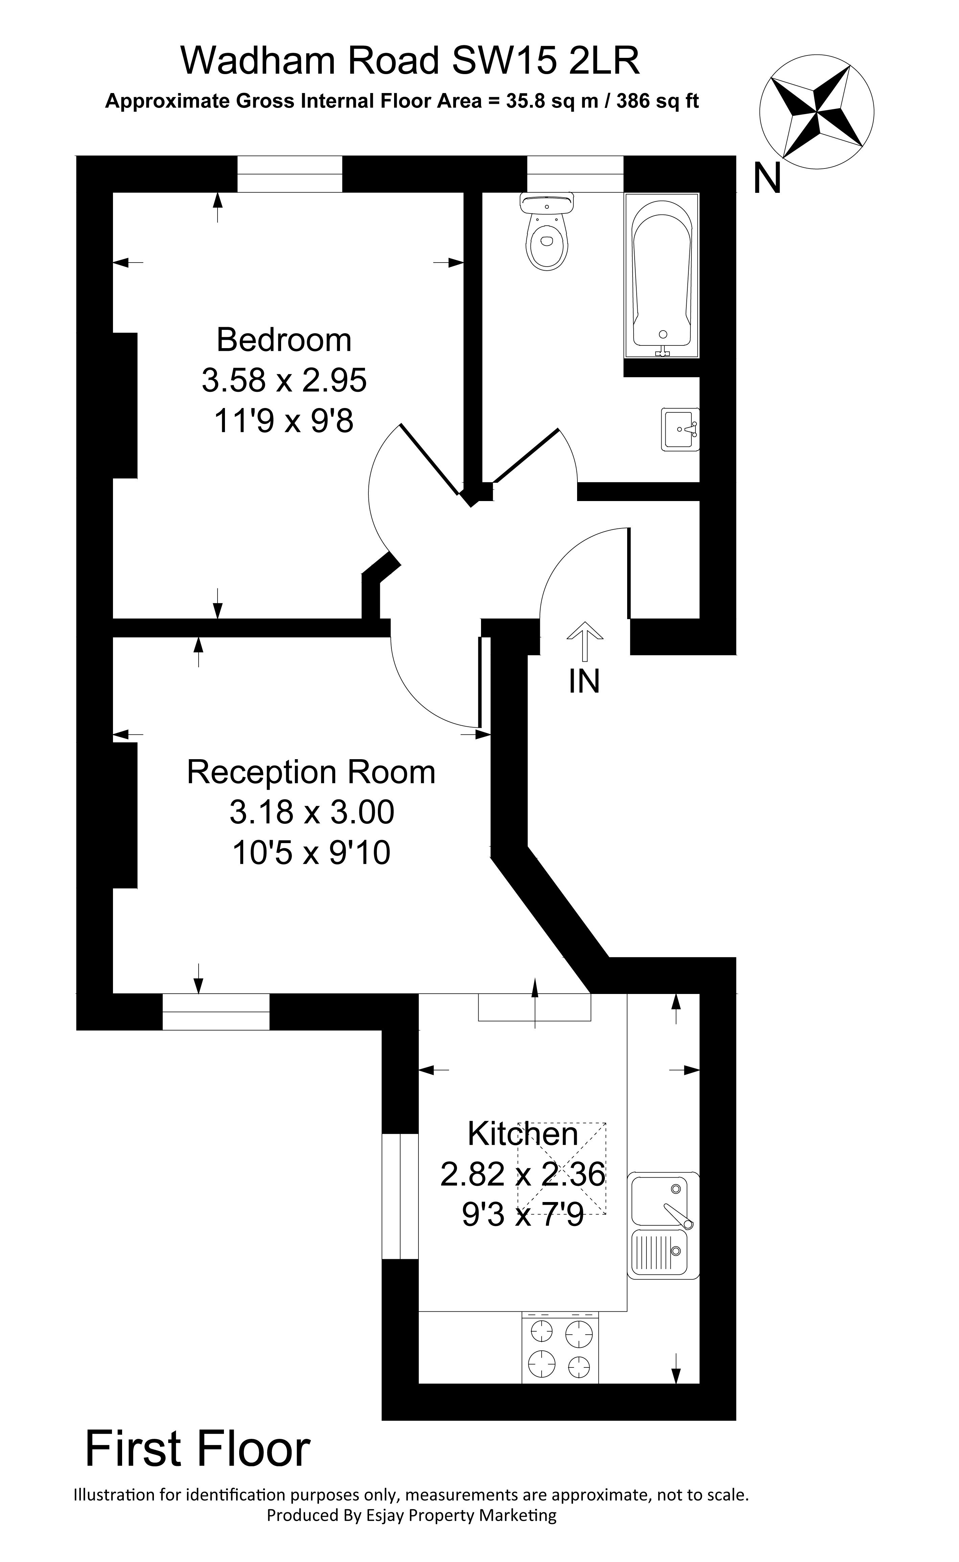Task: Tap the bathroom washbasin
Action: pos(679,429)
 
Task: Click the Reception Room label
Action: pos(311,772)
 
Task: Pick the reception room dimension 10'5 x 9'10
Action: pos(311,853)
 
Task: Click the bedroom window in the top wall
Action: pos(290,174)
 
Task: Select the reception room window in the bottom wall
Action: pos(216,1012)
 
